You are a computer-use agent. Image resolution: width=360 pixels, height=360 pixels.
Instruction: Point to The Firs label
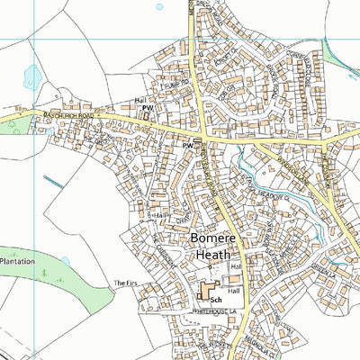122,283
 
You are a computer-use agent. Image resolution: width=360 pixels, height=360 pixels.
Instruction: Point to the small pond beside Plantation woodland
65,262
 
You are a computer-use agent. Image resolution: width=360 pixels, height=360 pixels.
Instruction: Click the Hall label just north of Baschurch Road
139,100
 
